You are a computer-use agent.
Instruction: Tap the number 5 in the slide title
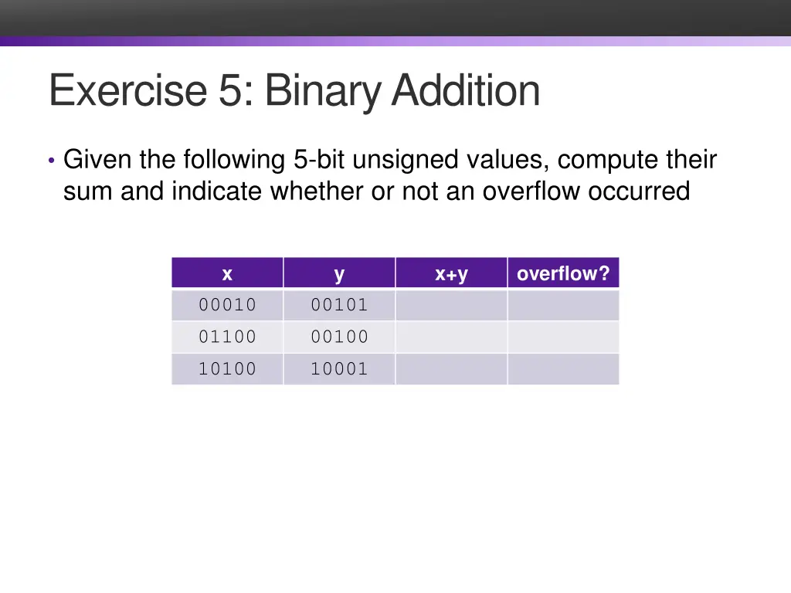(229, 90)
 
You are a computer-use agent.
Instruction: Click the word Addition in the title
(466, 90)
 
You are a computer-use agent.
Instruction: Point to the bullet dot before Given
(51, 161)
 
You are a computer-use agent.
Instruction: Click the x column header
(227, 273)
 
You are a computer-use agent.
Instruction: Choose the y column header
(339, 273)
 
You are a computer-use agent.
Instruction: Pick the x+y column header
(451, 273)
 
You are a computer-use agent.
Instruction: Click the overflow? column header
(563, 273)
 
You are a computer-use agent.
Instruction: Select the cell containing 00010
(227, 305)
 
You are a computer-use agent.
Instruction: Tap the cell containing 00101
(339, 305)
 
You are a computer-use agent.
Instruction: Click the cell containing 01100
(227, 337)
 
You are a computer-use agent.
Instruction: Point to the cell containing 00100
(339, 337)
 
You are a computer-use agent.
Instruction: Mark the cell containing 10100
(227, 369)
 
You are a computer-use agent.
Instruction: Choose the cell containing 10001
(339, 369)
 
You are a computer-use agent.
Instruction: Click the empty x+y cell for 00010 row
(451, 305)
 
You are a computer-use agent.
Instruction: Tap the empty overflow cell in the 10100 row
(563, 369)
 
